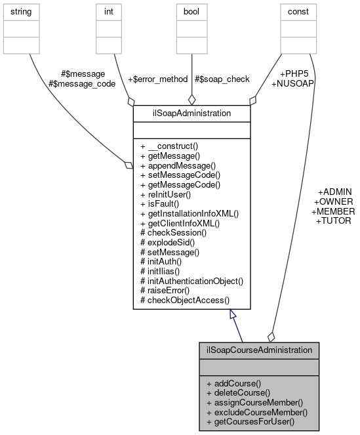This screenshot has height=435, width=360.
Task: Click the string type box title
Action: click(x=22, y=12)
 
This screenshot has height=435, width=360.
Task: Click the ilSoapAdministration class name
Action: click(x=191, y=113)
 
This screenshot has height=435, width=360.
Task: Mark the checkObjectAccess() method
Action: click(x=185, y=300)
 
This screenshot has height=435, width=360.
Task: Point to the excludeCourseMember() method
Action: click(x=256, y=411)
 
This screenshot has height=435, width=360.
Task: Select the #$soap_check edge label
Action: click(x=222, y=79)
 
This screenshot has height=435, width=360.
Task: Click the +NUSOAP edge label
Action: click(x=292, y=84)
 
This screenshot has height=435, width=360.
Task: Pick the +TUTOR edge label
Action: click(x=334, y=221)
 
